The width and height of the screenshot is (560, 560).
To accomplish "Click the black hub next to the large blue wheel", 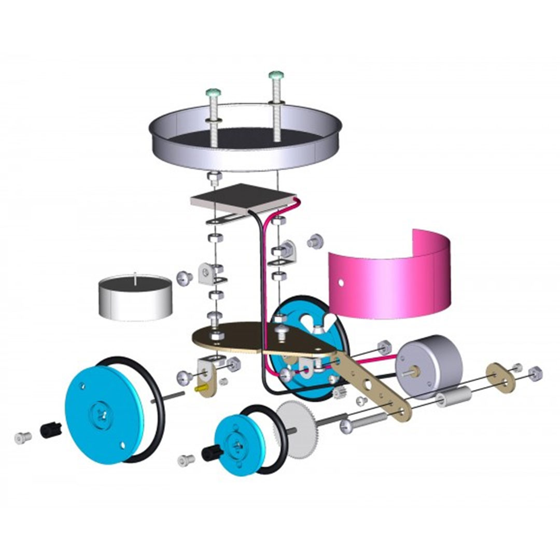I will (x=51, y=429).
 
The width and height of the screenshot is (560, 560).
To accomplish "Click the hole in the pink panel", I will (x=341, y=283).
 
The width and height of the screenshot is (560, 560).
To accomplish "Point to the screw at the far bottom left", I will (x=22, y=438).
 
